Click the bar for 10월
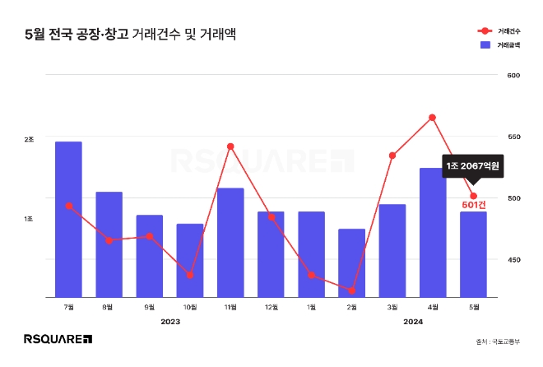[x=189, y=260]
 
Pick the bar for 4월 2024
[x=432, y=232]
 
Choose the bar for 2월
[x=351, y=262]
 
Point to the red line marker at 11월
[x=230, y=146]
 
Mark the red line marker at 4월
[x=432, y=118]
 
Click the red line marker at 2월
[x=351, y=290]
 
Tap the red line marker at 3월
[x=392, y=156]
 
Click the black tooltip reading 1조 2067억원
[x=473, y=166]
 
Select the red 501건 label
[x=474, y=204]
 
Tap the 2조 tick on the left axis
[x=29, y=140]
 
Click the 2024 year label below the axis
[x=412, y=322]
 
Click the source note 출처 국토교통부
[x=497, y=341]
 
